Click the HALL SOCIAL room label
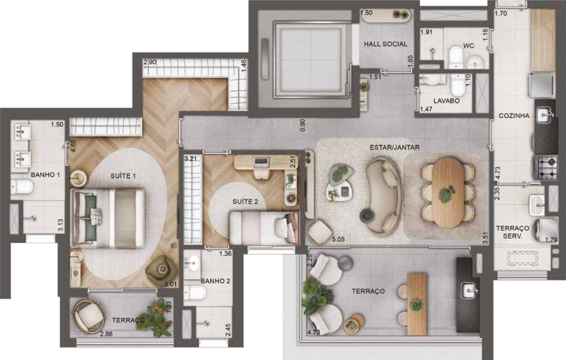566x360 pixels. (x=385, y=44)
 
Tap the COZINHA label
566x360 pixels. (x=514, y=115)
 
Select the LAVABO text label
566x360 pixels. (x=447, y=101)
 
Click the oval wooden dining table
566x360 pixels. (x=449, y=192)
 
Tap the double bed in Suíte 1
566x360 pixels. (x=108, y=218)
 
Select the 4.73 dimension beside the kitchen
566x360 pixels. (x=498, y=173)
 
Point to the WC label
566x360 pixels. (x=468, y=45)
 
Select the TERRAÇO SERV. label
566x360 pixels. (x=512, y=232)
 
